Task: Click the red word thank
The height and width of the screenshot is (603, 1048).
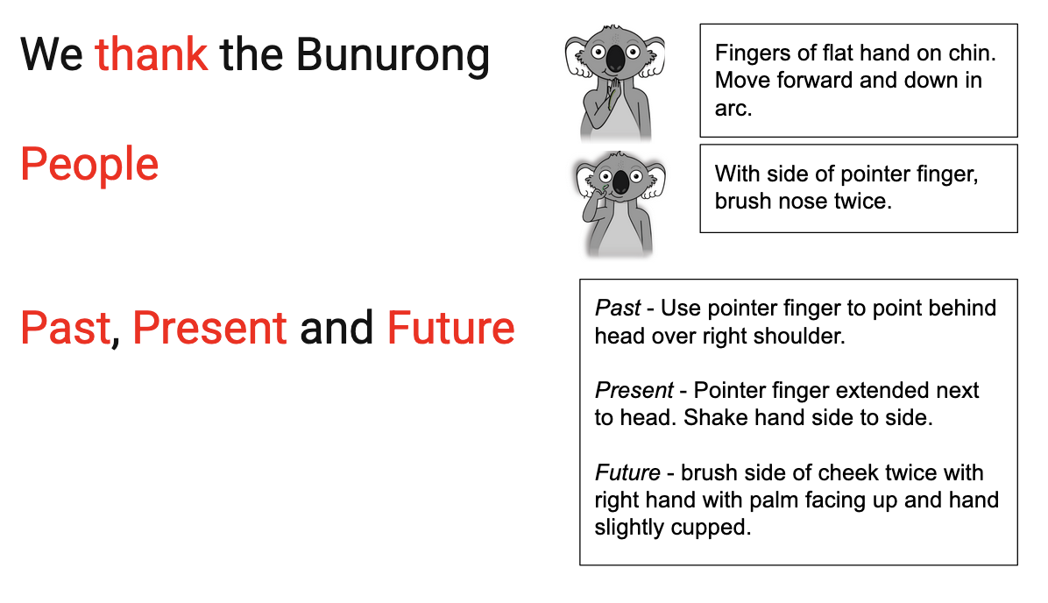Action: tap(151, 54)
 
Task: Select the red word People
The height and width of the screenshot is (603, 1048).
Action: tap(89, 165)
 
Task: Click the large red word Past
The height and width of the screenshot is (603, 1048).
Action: tap(66, 329)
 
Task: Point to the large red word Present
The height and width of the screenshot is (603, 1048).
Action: tap(210, 329)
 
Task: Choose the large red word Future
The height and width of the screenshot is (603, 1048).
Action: tap(451, 329)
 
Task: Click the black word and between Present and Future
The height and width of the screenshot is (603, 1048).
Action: tap(336, 329)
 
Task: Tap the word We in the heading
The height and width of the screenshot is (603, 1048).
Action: tap(52, 55)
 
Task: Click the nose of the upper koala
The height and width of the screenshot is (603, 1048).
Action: tap(615, 59)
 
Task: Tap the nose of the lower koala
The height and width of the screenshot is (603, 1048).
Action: tap(621, 181)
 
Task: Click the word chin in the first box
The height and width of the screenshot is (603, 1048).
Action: tap(971, 53)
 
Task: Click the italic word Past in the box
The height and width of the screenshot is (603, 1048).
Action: tap(618, 309)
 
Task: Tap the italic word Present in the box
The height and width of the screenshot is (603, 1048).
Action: tap(634, 390)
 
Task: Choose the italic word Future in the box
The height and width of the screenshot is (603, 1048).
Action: tap(627, 472)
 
